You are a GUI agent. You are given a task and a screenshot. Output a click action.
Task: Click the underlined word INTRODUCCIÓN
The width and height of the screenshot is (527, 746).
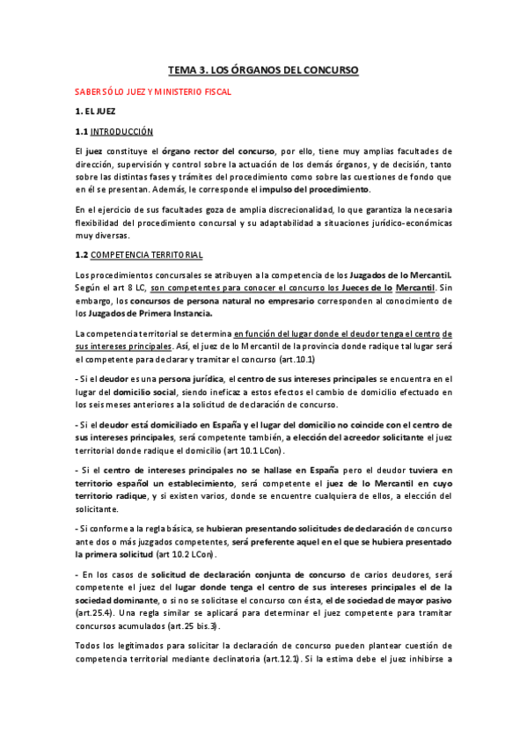pyautogui.click(x=122, y=132)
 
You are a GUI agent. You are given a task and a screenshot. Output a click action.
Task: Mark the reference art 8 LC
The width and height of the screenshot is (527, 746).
pyautogui.click(x=128, y=288)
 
